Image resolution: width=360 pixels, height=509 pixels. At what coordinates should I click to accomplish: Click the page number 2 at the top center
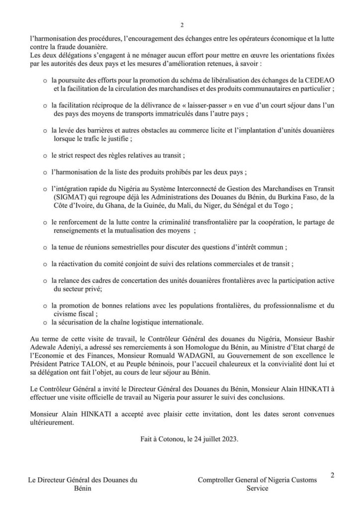coord(181,25)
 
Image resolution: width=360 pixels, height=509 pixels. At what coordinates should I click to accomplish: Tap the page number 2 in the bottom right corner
coord(332,475)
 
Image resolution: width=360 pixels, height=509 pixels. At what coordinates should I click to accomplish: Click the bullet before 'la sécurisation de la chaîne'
coord(45,322)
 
